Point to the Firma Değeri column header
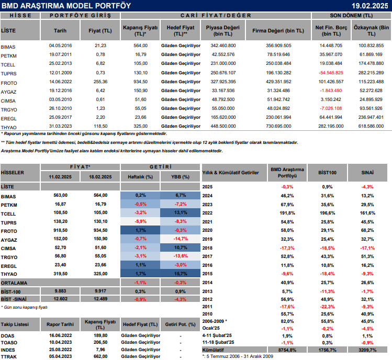(275, 30)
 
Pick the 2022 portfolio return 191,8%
(286, 213)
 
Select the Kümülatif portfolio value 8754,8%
(286, 348)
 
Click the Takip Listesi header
(15, 323)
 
